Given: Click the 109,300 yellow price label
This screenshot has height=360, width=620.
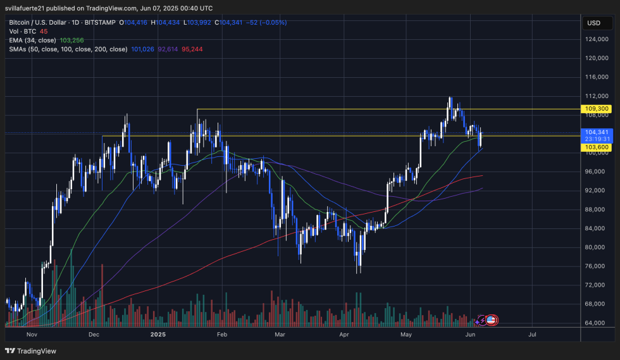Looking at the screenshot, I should [x=598, y=109].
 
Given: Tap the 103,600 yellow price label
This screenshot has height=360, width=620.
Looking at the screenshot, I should [x=598, y=147].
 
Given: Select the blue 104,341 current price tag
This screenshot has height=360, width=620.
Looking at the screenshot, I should [x=598, y=132].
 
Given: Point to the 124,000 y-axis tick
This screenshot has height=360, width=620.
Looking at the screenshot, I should [x=598, y=39].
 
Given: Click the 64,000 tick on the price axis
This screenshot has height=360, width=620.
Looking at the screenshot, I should [x=598, y=323].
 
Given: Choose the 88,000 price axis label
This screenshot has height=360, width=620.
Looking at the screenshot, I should [x=598, y=209].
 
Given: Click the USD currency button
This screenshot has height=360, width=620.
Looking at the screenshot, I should [x=594, y=23].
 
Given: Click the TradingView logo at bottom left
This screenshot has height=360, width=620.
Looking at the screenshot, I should [x=31, y=351].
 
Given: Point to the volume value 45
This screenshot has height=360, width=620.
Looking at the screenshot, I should [x=44, y=31].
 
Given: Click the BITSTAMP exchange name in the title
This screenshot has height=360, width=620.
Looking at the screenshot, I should [x=101, y=22].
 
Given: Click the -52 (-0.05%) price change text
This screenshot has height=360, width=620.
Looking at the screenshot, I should [x=266, y=22].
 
